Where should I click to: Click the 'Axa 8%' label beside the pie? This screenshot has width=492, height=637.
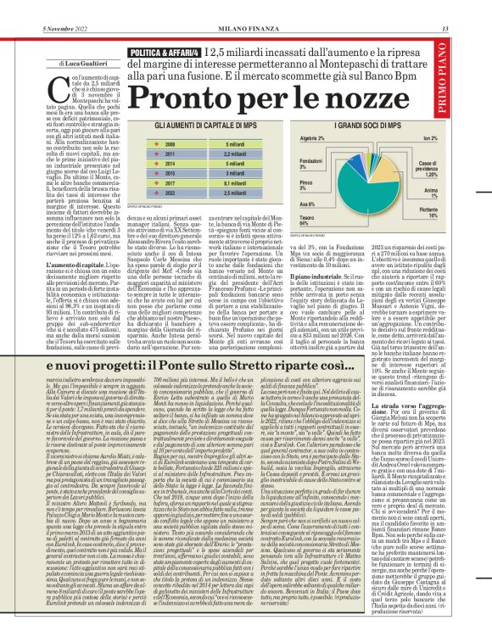308,204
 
